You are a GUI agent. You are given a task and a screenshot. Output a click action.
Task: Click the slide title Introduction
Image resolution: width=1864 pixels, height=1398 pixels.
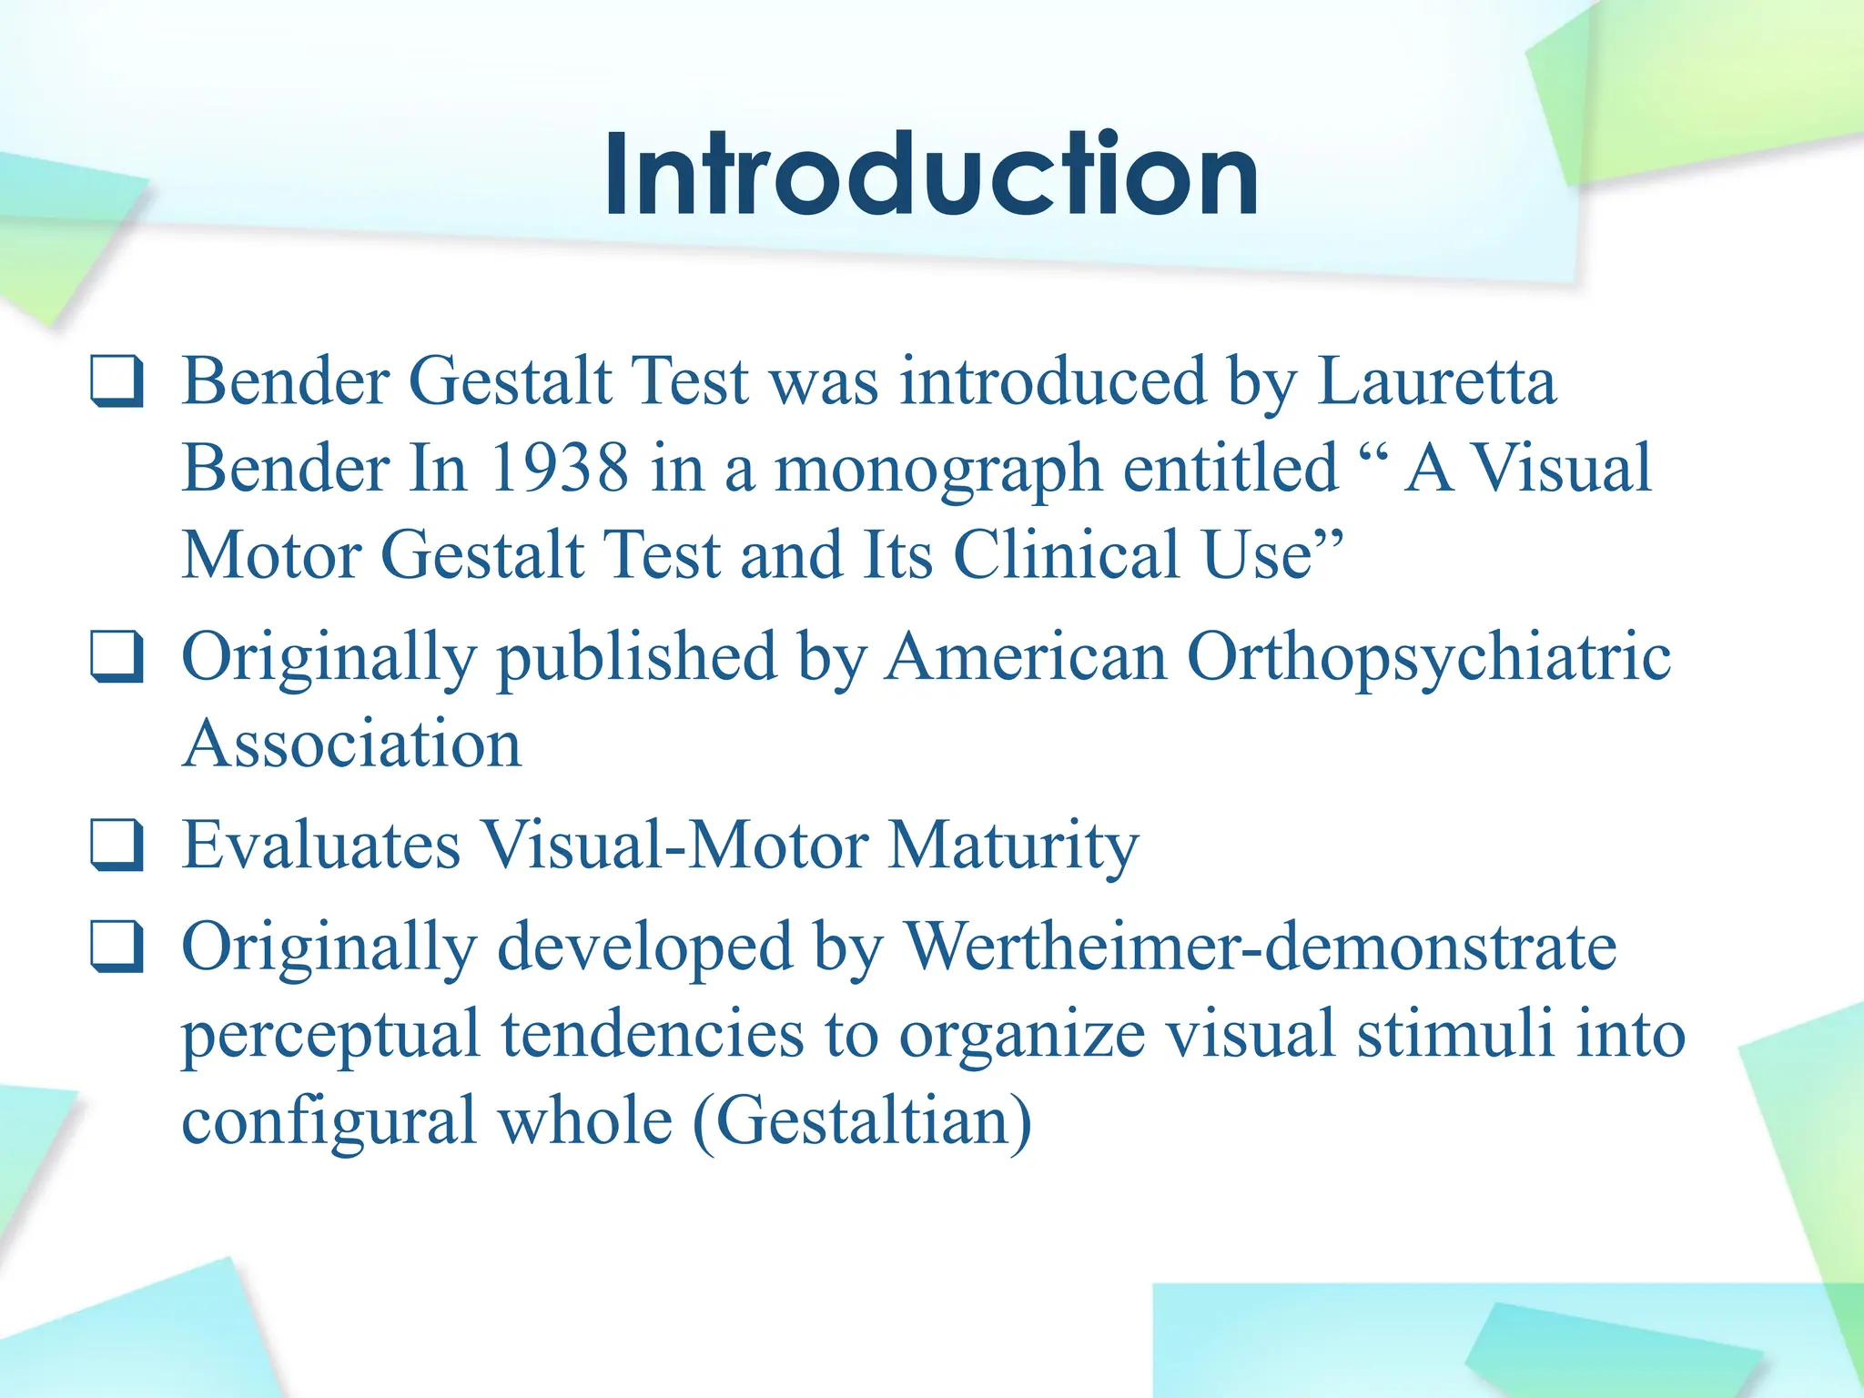coord(931,175)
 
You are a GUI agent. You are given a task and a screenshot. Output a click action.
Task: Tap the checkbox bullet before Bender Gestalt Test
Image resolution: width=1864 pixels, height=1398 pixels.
coord(116,382)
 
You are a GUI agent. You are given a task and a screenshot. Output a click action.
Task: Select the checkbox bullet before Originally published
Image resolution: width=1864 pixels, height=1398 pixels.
coord(116,658)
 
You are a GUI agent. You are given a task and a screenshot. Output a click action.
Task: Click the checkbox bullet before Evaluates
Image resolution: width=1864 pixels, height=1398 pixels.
coord(116,846)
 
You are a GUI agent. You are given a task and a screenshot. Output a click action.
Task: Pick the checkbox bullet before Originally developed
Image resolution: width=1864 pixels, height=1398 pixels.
coord(116,948)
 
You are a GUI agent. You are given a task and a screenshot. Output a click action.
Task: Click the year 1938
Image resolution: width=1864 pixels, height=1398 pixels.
coord(559,469)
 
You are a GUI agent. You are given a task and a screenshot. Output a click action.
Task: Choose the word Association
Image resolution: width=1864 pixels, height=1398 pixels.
coord(352,745)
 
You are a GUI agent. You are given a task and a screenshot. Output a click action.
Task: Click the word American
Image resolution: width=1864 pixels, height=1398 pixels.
coord(1026,657)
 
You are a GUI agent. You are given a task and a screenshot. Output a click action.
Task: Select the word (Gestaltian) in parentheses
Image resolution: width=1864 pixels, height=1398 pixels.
coord(862,1121)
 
